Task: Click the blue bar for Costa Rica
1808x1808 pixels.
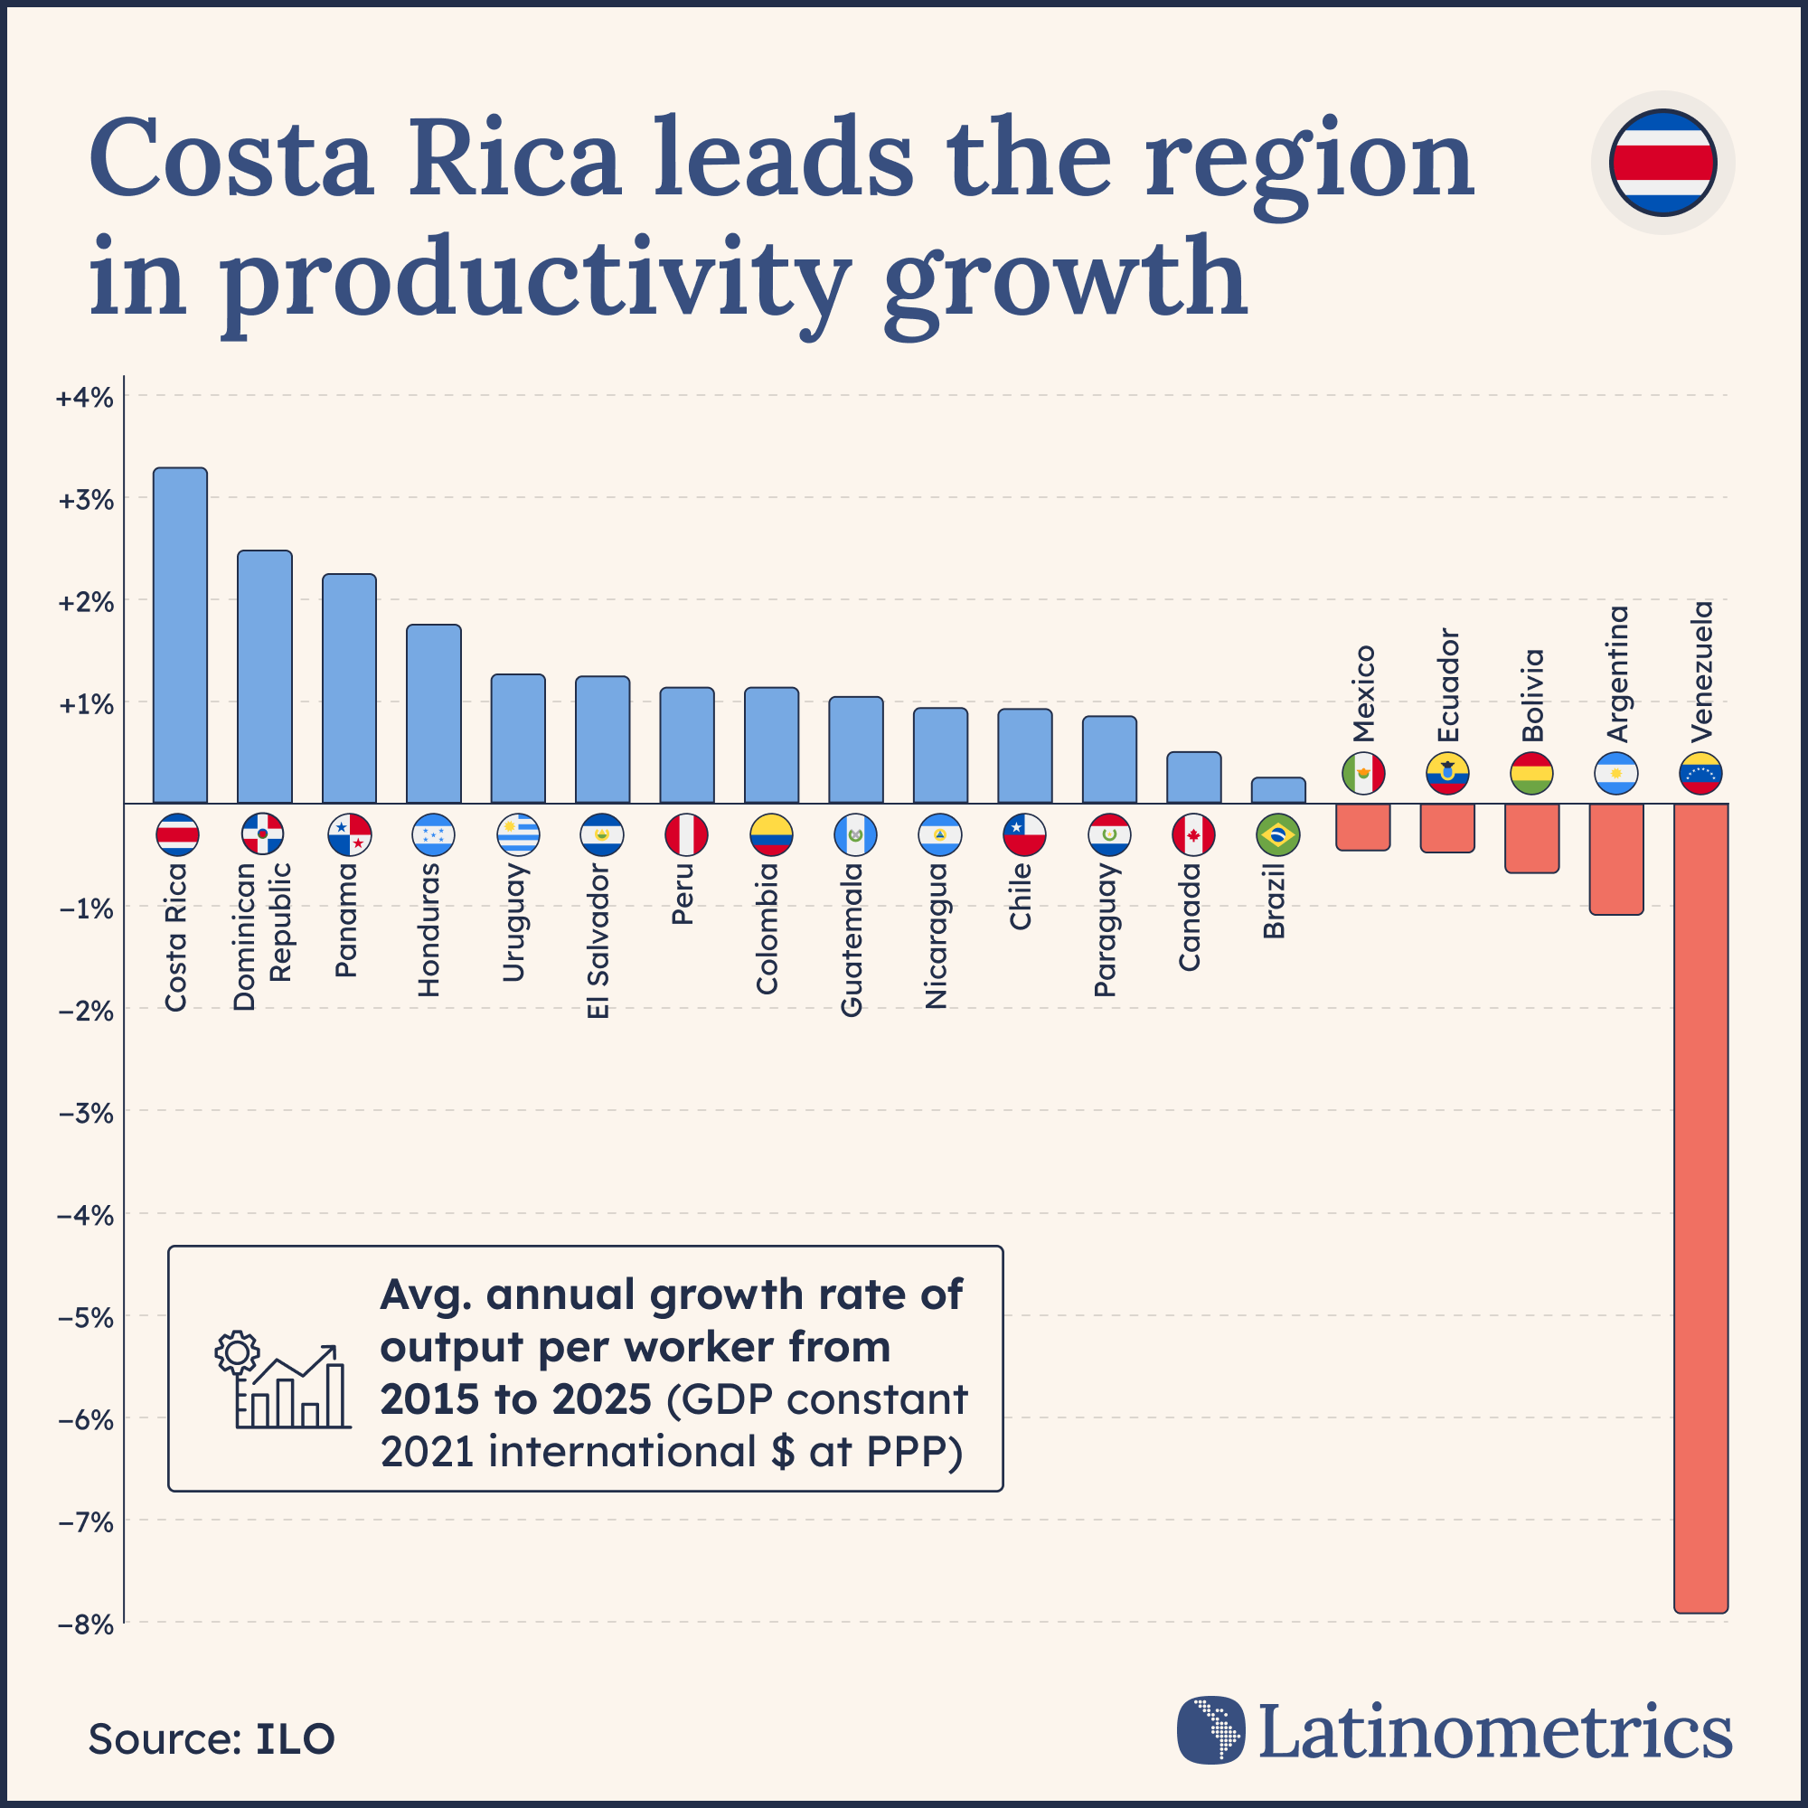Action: pos(180,636)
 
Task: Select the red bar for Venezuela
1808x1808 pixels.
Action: pos(1700,1207)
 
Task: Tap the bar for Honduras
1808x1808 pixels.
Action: pos(433,713)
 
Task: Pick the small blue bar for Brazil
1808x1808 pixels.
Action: pos(1278,791)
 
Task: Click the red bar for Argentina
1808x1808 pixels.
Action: pos(1616,858)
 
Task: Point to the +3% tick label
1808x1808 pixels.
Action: pos(85,500)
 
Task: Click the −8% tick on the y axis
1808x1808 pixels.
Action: pos(85,1624)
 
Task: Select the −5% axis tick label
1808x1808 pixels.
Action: pos(85,1318)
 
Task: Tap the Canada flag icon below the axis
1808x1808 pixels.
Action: pos(1193,834)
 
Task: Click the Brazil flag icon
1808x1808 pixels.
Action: pos(1278,834)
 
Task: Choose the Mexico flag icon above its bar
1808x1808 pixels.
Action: pos(1362,773)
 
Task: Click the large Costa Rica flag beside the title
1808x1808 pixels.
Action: pos(1662,163)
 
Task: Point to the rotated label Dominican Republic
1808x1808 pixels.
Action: pos(262,936)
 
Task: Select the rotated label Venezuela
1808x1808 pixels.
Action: pos(1702,671)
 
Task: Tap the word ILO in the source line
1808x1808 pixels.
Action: pos(295,1739)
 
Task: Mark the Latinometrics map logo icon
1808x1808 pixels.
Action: pos(1211,1730)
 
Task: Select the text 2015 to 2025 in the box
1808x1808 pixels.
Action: pos(514,1400)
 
